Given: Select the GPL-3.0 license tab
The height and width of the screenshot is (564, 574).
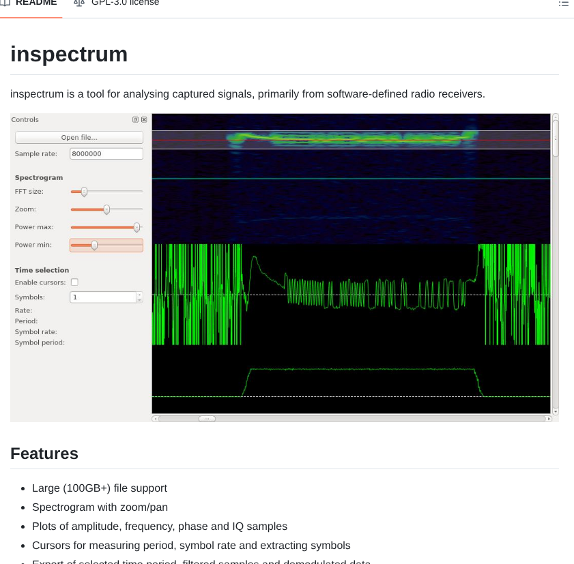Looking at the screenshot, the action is (x=125, y=3).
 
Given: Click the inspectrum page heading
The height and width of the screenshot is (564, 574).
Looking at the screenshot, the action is (x=69, y=55).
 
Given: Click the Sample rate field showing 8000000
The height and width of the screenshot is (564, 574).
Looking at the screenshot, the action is (x=106, y=154).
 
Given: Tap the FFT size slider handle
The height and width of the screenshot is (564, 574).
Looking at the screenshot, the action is (x=84, y=192).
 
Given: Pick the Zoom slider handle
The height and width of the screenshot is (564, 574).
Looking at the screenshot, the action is (x=106, y=209).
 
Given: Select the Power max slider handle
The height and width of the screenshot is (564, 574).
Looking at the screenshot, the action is (x=137, y=227).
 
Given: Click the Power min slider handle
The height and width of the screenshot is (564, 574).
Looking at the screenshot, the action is (x=94, y=245).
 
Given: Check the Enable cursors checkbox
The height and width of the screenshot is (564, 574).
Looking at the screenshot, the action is (x=74, y=282).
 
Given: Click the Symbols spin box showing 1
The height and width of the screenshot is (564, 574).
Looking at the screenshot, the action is (x=103, y=297).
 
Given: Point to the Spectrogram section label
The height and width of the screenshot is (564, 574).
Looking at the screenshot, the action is (x=39, y=178).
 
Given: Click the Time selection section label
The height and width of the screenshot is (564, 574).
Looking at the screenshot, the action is (x=42, y=271).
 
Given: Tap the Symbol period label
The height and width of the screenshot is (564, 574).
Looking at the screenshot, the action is (x=40, y=342).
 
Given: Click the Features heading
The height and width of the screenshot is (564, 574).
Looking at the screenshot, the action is (x=44, y=454).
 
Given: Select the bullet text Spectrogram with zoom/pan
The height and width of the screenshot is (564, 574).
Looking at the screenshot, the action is (x=100, y=507).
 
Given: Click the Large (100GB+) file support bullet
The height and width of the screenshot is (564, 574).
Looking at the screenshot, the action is (x=100, y=488).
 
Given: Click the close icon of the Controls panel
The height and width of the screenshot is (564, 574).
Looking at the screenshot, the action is (x=144, y=120).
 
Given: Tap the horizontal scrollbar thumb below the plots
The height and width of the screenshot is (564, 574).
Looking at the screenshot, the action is (x=207, y=419).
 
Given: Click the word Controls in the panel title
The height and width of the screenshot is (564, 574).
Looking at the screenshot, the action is (x=25, y=120).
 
